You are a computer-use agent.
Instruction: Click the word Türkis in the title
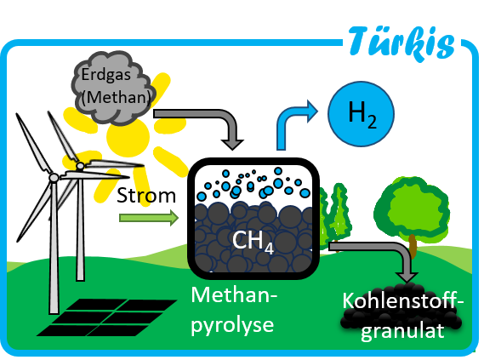coord(401,44)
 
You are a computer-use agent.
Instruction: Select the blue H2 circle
coord(361,114)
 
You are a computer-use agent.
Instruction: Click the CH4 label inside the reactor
coord(253,242)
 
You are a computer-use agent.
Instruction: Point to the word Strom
coord(146,196)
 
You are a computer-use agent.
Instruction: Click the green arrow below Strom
coord(149,218)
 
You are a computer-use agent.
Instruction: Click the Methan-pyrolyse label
coord(233,310)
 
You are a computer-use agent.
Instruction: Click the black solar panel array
coord(106,317)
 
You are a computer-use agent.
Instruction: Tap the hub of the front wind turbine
coord(54,178)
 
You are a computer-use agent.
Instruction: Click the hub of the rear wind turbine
coord(80,166)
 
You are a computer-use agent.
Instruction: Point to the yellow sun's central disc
coord(128,136)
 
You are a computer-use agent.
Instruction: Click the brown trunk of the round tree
coord(413,245)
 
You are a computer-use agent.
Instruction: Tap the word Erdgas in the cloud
coord(105,74)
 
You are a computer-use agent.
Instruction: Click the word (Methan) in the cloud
coord(117,97)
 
